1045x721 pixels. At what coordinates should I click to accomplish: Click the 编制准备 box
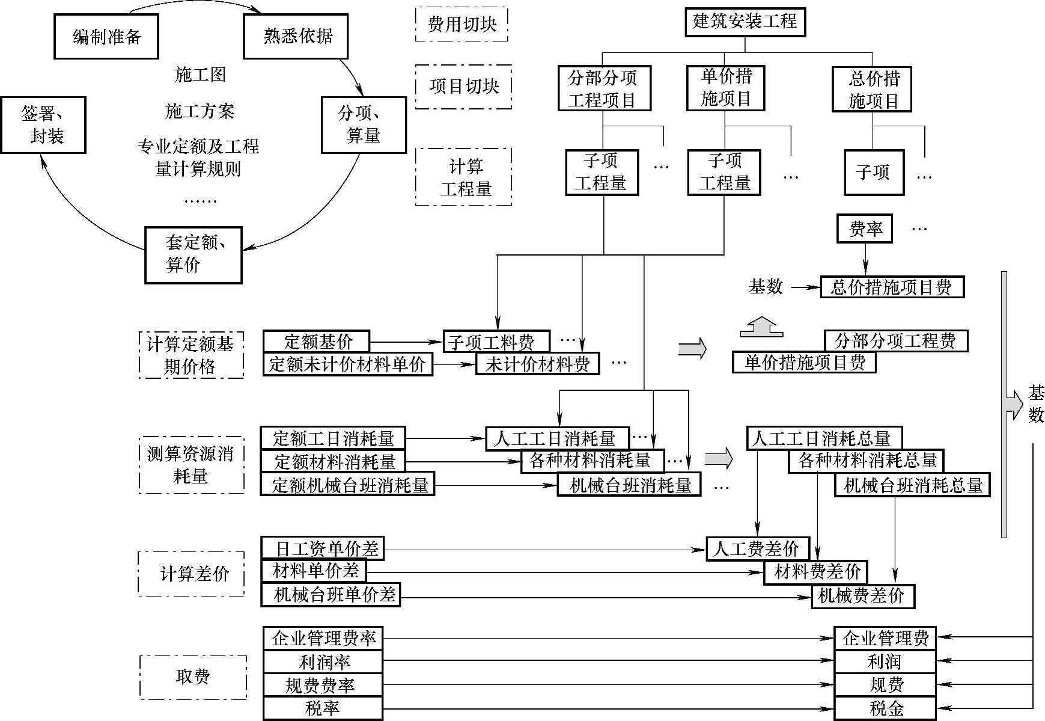point(106,37)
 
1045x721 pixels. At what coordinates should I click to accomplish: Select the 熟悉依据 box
point(296,36)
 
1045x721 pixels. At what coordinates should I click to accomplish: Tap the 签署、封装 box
point(43,125)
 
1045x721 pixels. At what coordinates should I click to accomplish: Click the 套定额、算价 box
point(193,254)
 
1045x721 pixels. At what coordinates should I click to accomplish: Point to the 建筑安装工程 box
point(745,22)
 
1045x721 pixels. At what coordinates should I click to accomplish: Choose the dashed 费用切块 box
point(462,24)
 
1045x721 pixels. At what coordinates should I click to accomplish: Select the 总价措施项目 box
point(872,90)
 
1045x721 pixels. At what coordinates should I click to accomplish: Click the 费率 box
point(865,229)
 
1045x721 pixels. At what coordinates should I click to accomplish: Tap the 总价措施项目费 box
point(892,287)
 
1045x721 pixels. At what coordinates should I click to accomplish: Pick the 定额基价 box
point(317,342)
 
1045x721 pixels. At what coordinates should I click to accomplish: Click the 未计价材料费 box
point(537,364)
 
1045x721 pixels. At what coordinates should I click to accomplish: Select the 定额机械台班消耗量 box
point(347,485)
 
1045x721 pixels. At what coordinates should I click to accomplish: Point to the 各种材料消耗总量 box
point(866,461)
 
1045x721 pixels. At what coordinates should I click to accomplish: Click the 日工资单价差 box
point(323,548)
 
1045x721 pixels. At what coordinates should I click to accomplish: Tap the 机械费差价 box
point(863,596)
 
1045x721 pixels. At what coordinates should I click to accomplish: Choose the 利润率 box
point(323,662)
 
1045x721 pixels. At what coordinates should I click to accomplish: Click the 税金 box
point(885,708)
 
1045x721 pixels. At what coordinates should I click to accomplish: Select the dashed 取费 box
point(193,677)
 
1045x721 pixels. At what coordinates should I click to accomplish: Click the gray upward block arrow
point(761,327)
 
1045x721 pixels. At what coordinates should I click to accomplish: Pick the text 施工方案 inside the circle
point(200,111)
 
